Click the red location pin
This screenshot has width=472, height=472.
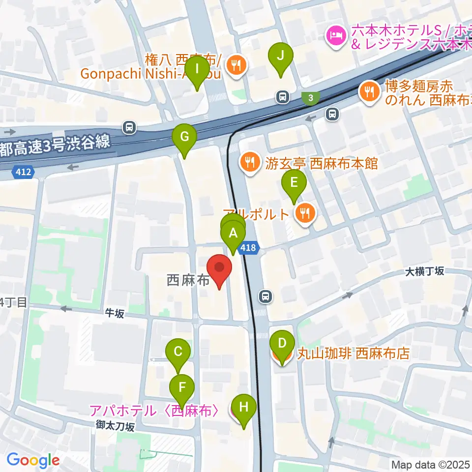[219, 271]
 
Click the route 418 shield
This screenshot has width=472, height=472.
[248, 248]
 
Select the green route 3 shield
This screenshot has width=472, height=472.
[311, 98]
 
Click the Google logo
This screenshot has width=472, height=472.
[33, 460]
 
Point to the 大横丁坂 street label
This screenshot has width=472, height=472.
[425, 271]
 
